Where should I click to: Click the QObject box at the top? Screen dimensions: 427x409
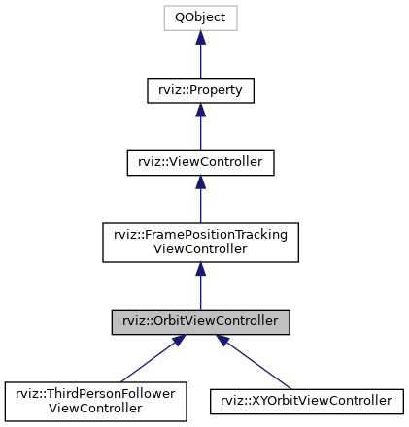[x=200, y=17]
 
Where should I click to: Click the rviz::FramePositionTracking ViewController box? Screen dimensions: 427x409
[x=200, y=243]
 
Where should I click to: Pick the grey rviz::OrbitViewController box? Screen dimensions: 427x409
[x=200, y=319]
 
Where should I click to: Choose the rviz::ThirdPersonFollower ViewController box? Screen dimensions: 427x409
[x=94, y=399]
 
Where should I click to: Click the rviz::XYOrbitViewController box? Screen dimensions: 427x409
[x=307, y=399]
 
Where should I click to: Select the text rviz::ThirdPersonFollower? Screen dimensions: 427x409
[x=94, y=392]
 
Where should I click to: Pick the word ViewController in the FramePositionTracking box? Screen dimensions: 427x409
[x=200, y=249]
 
